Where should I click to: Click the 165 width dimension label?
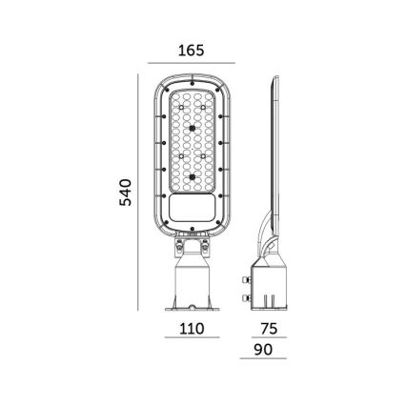click(x=192, y=51)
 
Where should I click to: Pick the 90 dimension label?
click(x=263, y=350)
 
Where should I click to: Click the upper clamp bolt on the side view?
click(x=247, y=280)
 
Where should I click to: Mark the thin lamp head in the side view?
click(x=274, y=143)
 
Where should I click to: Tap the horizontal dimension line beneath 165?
click(x=192, y=64)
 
